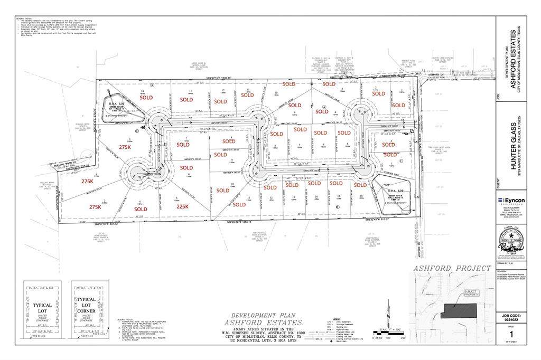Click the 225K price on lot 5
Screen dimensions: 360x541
tap(182, 206)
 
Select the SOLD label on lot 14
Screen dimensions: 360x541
tap(146, 98)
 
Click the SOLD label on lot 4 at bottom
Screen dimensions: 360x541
tap(141, 209)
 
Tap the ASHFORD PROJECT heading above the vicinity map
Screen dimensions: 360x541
tap(452, 268)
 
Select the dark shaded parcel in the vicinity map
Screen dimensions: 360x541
tap(458, 311)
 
